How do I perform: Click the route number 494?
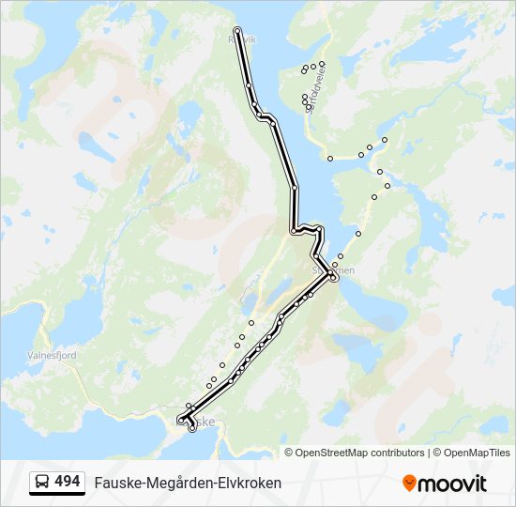pos(67,482)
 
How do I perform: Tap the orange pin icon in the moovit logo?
pos(409,484)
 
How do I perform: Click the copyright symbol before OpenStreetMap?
pos(289,453)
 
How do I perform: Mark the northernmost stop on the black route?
pos(237,31)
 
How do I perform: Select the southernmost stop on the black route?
pos(192,429)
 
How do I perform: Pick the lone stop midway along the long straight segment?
pos(295,188)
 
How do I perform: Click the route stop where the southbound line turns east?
pos(294,230)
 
